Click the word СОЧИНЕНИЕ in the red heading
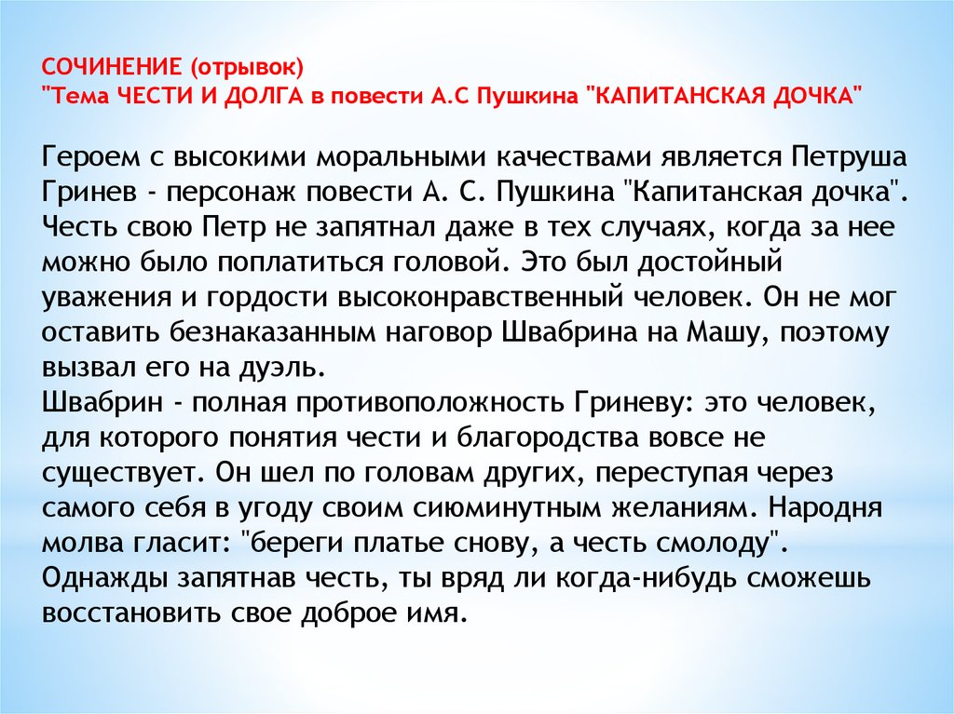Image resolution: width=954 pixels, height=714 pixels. pos(112,67)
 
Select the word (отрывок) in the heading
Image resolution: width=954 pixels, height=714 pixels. pos(246,68)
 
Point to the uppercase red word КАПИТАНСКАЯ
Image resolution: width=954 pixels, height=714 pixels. pos(674,96)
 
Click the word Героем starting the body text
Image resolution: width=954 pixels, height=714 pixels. pos(91,157)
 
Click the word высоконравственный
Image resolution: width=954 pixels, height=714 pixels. pos(481,298)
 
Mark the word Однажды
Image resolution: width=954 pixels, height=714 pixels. pos(105,578)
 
